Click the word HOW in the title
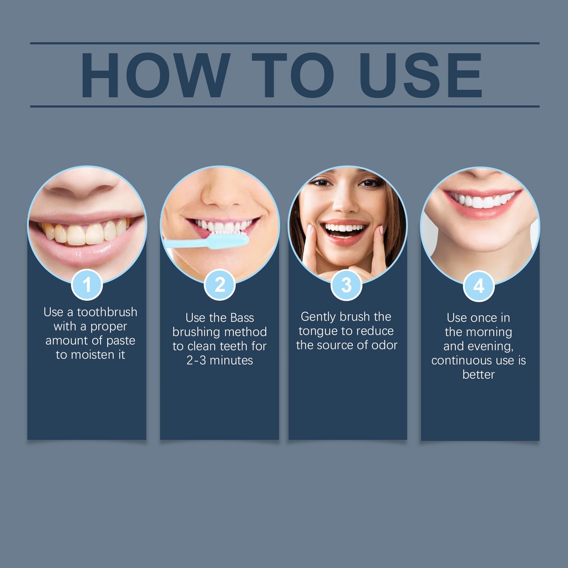(x=156, y=75)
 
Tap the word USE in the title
(x=420, y=75)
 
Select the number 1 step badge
(x=87, y=285)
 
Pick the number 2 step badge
(x=220, y=285)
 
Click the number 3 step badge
(x=346, y=285)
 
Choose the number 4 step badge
(x=479, y=286)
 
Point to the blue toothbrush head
(x=227, y=241)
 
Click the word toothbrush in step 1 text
(x=107, y=312)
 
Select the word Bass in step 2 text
(x=242, y=318)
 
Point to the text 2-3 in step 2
(x=196, y=361)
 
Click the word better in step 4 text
(x=479, y=374)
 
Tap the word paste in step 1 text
(x=121, y=341)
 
